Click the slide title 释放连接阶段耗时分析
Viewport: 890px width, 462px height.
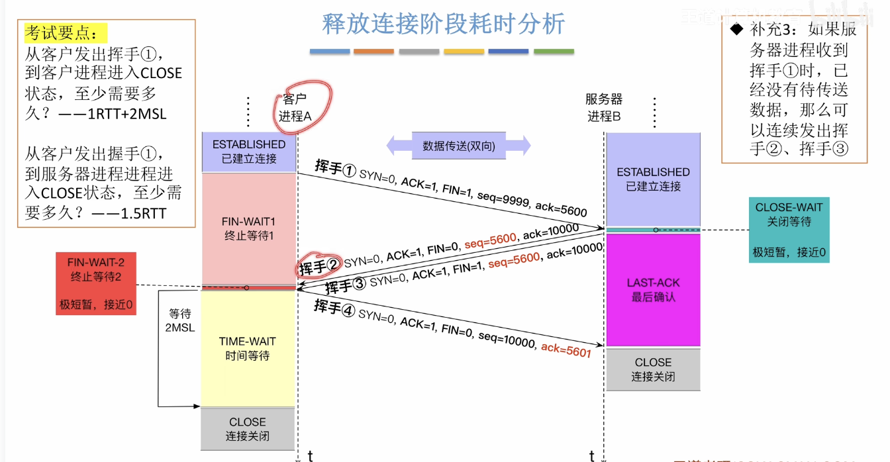pos(443,24)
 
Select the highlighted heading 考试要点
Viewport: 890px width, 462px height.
pos(65,33)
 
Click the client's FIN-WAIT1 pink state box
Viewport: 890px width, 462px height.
pos(248,228)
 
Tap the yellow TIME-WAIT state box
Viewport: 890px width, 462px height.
pos(248,348)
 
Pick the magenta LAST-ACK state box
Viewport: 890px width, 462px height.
pos(653,289)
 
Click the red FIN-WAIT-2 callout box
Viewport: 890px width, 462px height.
pos(95,284)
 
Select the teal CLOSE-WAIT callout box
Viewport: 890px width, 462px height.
pos(789,230)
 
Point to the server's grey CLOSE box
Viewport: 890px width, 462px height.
pos(653,369)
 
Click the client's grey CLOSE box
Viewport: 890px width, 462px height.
pos(248,429)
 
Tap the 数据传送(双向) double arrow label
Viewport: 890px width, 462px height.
pos(458,146)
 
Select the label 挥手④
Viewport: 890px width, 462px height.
pos(335,308)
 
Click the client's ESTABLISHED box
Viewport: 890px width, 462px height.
pos(249,152)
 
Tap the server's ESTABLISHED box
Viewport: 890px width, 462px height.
pos(653,179)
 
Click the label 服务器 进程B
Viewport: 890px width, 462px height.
pos(603,108)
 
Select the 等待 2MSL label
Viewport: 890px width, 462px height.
pos(179,320)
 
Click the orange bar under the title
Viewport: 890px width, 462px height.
pos(373,52)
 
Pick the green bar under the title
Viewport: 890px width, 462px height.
pos(554,52)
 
